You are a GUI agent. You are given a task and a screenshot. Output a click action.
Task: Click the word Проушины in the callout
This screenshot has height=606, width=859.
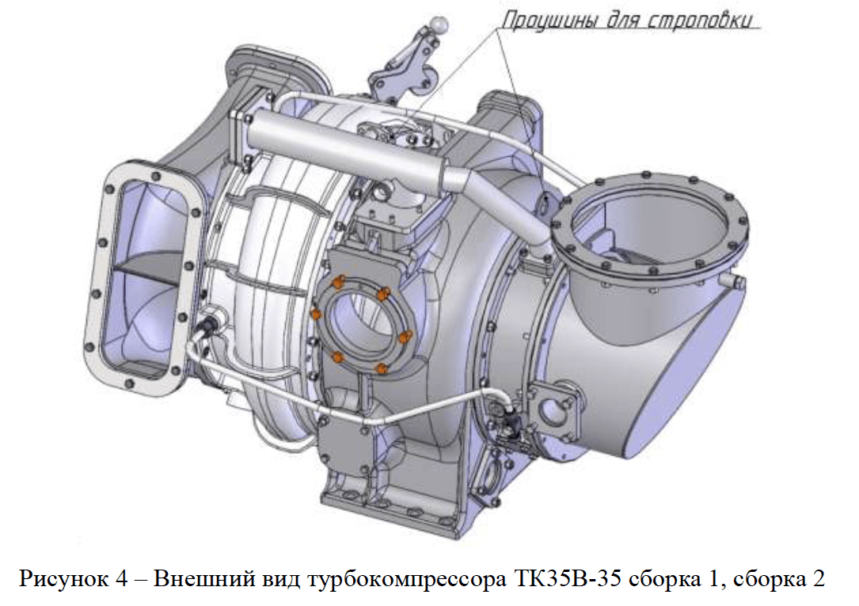(550, 21)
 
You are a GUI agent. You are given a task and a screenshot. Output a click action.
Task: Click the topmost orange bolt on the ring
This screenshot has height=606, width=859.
(339, 280)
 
